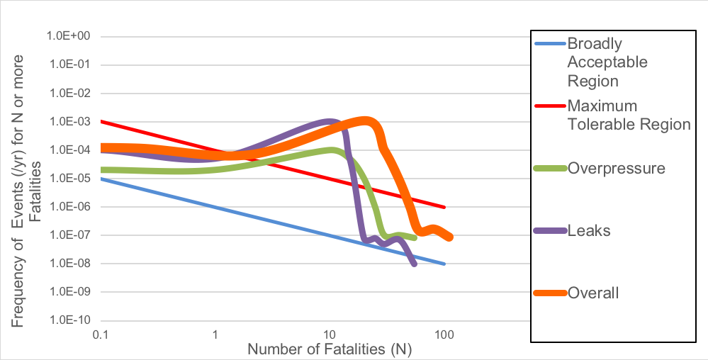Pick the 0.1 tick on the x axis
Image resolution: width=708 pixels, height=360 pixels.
pyautogui.click(x=100, y=333)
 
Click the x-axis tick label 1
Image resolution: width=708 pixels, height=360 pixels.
pyautogui.click(x=215, y=333)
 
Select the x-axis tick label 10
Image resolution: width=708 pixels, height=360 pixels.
pyautogui.click(x=329, y=333)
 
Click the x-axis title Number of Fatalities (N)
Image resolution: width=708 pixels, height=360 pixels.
pyautogui.click(x=330, y=349)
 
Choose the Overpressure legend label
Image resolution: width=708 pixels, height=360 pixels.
pyautogui.click(x=616, y=169)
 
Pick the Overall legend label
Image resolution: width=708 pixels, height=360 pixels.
pyautogui.click(x=593, y=293)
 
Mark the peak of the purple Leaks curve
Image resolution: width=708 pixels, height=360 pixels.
pyautogui.click(x=329, y=122)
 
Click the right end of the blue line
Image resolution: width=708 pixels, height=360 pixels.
pyautogui.click(x=444, y=264)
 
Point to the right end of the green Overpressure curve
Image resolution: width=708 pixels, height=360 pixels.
pyautogui.click(x=415, y=237)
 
